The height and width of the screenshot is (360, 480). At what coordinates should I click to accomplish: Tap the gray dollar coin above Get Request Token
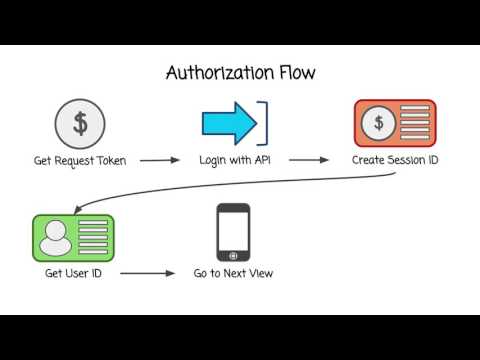(x=80, y=123)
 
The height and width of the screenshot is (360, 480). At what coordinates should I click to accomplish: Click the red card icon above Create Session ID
(x=395, y=123)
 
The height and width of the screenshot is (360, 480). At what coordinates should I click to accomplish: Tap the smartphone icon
(x=233, y=233)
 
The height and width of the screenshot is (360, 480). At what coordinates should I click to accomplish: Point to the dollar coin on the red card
(x=378, y=123)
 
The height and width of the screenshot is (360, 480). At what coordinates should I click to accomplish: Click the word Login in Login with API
(x=212, y=160)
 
